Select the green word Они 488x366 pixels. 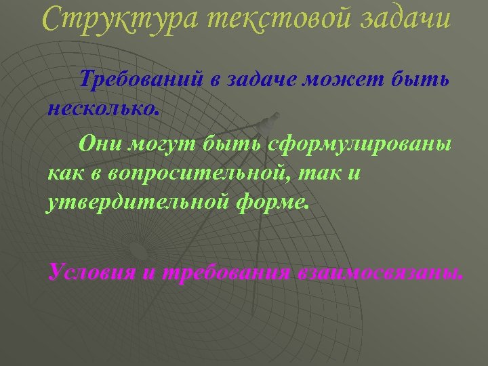[97, 144]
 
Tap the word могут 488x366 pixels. [152, 144]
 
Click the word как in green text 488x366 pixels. [64, 173]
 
